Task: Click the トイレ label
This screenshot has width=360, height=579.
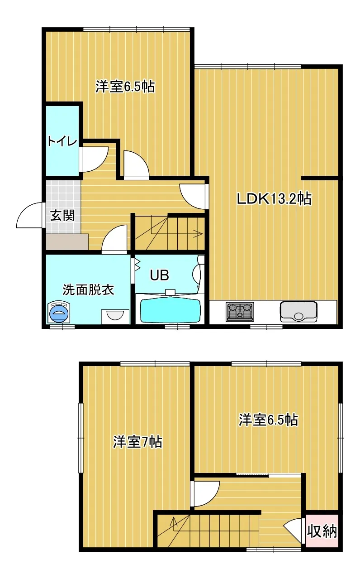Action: [63, 141]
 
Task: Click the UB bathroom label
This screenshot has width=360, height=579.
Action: [159, 275]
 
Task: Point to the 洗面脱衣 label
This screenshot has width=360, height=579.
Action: [88, 290]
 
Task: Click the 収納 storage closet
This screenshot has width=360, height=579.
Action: [322, 531]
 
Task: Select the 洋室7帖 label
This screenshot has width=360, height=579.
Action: [137, 442]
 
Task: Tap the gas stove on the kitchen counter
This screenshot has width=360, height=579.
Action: [240, 312]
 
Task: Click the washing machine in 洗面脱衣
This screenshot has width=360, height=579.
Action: [60, 312]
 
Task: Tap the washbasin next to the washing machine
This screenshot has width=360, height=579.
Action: [115, 315]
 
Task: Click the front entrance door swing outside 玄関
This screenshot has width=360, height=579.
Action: [30, 216]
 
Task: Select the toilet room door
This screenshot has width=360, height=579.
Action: [94, 159]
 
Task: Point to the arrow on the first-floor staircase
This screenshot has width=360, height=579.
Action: [197, 234]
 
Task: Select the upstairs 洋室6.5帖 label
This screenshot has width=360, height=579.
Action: [268, 420]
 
